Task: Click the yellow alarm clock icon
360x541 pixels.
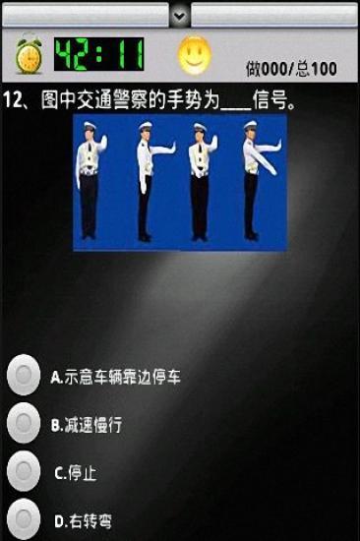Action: [29, 53]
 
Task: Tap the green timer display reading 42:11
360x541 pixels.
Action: [99, 54]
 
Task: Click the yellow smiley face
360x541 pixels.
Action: [194, 55]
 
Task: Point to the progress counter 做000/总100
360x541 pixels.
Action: [291, 69]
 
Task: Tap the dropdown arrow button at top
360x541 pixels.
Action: [179, 15]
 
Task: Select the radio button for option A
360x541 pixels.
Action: [24, 375]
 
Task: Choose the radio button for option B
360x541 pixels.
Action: [24, 423]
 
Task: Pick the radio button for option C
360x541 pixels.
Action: [24, 471]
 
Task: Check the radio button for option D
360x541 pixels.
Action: [24, 519]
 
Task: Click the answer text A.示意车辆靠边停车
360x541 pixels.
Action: [116, 377]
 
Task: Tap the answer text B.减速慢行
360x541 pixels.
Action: [87, 425]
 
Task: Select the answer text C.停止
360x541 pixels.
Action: [76, 473]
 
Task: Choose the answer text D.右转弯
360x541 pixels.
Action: [84, 521]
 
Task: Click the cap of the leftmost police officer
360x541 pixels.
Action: [90, 126]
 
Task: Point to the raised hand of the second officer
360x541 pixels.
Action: [172, 147]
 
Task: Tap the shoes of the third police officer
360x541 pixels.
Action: [200, 237]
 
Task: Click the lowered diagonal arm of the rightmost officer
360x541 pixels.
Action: [264, 159]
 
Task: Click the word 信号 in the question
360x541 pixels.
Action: [270, 100]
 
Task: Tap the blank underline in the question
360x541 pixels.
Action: [236, 108]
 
